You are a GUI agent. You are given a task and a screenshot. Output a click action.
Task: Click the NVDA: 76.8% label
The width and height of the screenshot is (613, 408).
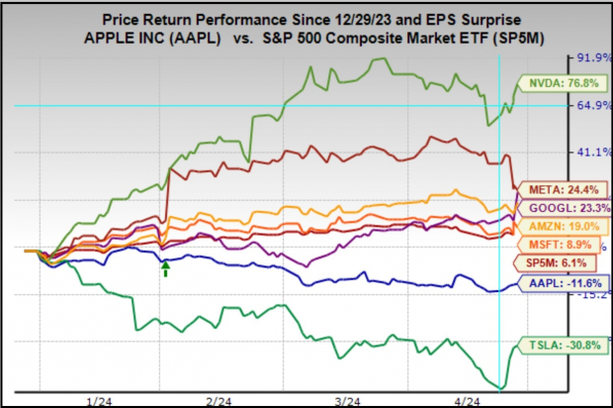559,83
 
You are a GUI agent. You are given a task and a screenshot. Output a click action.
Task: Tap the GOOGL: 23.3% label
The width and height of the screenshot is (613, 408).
561,208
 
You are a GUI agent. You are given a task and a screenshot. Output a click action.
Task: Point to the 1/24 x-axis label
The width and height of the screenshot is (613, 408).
99,399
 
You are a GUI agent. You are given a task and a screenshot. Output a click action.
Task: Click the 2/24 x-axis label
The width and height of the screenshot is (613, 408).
219,399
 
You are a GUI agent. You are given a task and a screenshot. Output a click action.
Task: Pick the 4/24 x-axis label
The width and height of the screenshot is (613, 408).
465,399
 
